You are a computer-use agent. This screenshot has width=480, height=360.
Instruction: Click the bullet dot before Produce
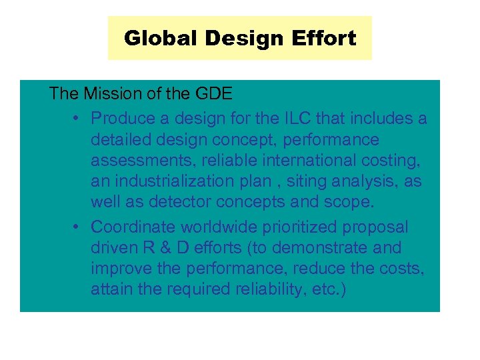pyautogui.click(x=77, y=119)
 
